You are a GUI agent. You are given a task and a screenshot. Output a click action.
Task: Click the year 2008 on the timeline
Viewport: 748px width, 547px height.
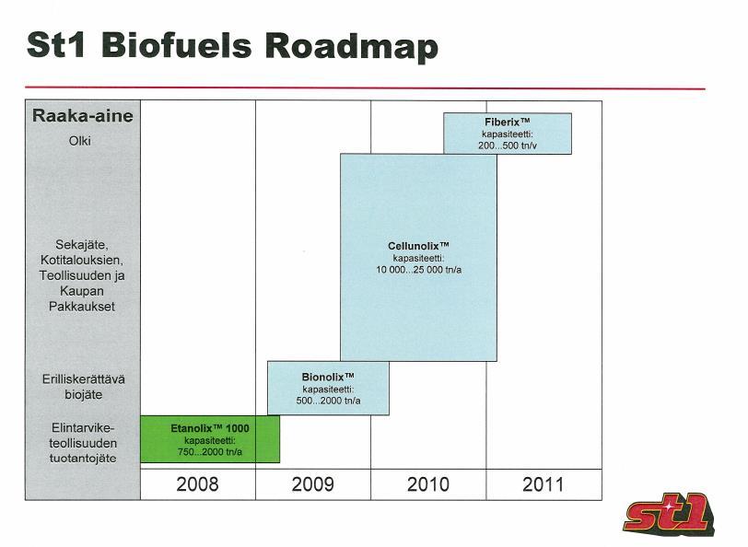[x=197, y=484]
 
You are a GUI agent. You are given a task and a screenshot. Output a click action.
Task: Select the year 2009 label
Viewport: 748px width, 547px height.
[x=313, y=484]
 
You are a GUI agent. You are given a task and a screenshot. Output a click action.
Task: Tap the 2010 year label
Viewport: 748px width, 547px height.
[x=428, y=484]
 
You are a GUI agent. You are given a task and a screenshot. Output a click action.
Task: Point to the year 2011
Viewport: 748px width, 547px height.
[x=543, y=484]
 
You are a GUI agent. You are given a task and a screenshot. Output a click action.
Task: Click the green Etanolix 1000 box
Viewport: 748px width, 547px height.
[x=210, y=439]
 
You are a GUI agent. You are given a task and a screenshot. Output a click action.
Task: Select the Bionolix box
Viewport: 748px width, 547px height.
[x=328, y=389]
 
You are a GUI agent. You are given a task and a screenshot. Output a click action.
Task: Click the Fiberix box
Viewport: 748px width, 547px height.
[x=508, y=134]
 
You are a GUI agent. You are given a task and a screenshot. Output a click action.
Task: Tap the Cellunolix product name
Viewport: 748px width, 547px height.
[x=418, y=246]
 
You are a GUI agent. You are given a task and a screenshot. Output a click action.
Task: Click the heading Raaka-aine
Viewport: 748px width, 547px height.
[x=83, y=115]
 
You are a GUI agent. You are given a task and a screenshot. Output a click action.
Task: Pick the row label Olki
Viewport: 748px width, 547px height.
[x=79, y=141]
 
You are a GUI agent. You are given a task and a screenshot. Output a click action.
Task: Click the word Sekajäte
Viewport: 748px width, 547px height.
[x=82, y=245]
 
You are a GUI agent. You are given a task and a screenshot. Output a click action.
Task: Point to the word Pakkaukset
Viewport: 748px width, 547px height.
[x=82, y=306]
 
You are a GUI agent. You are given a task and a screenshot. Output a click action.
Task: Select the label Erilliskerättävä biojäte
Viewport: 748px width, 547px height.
[x=84, y=387]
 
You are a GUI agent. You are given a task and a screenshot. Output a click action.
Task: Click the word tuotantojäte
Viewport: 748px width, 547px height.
[x=83, y=459]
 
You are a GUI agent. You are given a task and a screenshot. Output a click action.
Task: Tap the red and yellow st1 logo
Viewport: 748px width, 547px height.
[x=668, y=514]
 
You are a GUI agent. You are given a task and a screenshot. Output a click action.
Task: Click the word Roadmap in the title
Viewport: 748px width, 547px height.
[x=351, y=46]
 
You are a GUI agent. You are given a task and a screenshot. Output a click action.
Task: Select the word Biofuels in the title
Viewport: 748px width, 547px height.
[x=176, y=46]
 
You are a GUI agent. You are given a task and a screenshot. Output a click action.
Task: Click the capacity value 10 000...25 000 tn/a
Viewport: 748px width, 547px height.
[x=418, y=270]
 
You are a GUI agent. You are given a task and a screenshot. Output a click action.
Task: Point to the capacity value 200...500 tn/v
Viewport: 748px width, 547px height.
[x=508, y=145]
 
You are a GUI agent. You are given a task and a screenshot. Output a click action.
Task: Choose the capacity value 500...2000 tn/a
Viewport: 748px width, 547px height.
[x=328, y=401]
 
